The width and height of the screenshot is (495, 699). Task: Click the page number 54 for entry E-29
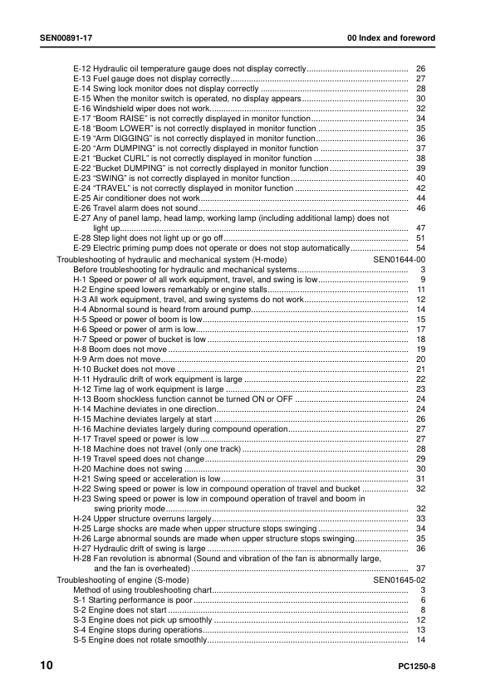[420, 247]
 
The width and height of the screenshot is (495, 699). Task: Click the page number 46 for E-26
[420, 208]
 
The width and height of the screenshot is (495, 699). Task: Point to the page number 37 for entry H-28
[420, 569]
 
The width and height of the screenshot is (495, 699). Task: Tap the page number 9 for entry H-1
[423, 280]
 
